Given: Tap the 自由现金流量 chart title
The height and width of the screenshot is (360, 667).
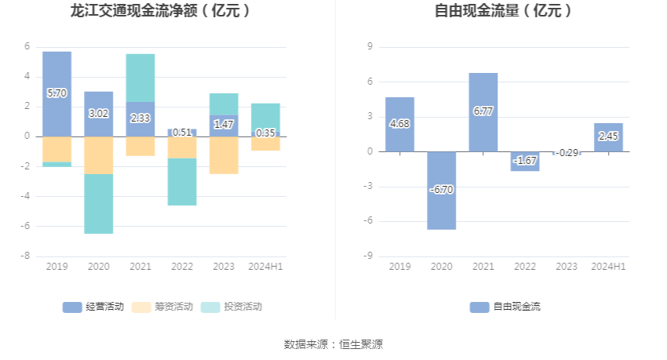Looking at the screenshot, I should pyautogui.click(x=503, y=11).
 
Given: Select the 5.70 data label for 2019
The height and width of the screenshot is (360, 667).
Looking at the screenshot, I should pyautogui.click(x=56, y=93).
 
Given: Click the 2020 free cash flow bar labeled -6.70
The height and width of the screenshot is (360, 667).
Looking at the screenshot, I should pyautogui.click(x=441, y=190).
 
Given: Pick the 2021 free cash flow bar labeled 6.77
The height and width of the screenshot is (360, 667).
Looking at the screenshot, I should pyautogui.click(x=483, y=111).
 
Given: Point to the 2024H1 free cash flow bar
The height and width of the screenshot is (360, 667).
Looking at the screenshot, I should pyautogui.click(x=608, y=136).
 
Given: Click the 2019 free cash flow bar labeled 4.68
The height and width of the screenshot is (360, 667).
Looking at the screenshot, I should pyautogui.click(x=399, y=124).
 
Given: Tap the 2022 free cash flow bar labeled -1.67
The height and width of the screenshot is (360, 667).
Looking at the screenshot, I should pyautogui.click(x=524, y=161).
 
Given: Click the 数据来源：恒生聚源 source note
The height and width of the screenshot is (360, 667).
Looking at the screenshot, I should pyautogui.click(x=333, y=344).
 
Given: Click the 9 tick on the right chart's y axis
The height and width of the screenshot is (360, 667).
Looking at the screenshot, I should pyautogui.click(x=369, y=47).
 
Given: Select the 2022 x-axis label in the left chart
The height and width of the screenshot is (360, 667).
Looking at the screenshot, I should pyautogui.click(x=182, y=267).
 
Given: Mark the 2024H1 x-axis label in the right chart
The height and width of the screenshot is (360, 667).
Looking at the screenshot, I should pyautogui.click(x=608, y=267).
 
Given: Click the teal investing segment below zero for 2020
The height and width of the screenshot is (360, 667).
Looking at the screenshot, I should pyautogui.click(x=99, y=204).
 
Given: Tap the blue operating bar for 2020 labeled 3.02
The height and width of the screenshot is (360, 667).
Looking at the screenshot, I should pyautogui.click(x=99, y=114).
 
